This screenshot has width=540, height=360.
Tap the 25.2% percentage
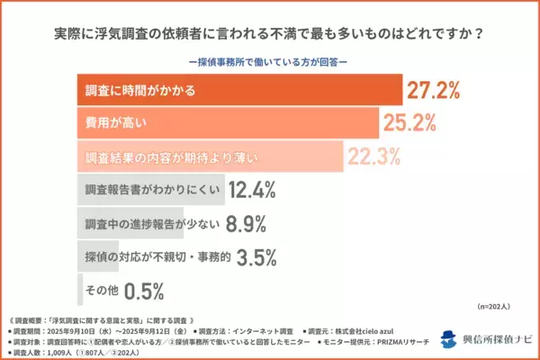point(409,123)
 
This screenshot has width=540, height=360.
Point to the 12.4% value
point(252,190)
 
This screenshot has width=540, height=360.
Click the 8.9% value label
point(242,223)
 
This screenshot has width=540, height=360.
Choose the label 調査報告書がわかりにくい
point(144,191)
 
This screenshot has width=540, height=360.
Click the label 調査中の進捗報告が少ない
point(144,224)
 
